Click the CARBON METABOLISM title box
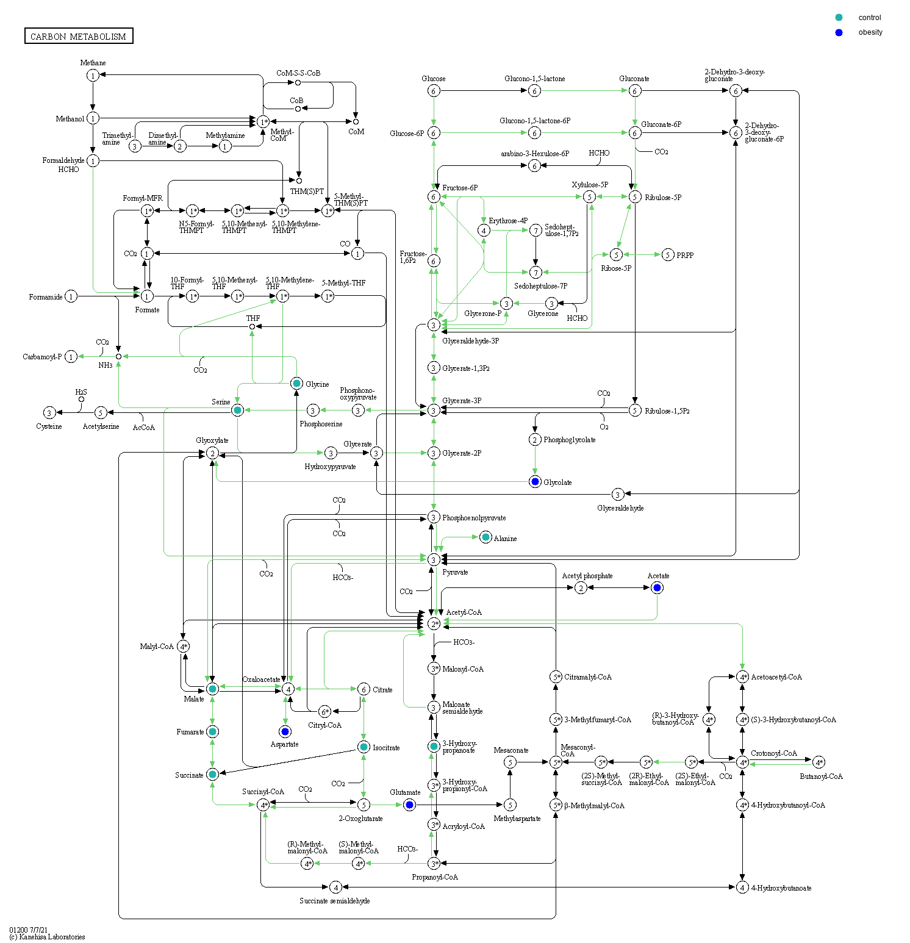pyautogui.click(x=79, y=36)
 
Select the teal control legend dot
pyautogui.click(x=839, y=18)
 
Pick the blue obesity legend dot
pyautogui.click(x=839, y=32)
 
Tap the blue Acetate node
pyautogui.click(x=657, y=587)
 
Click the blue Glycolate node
pyautogui.click(x=535, y=482)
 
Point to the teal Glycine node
pyautogui.click(x=296, y=383)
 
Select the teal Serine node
pyautogui.click(x=238, y=410)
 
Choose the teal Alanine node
pyautogui.click(x=485, y=537)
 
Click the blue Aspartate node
pyautogui.click(x=285, y=731)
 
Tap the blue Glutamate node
pyautogui.click(x=410, y=805)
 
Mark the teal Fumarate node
pyautogui.click(x=212, y=731)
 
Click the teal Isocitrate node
pyautogui.click(x=364, y=747)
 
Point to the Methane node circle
pyautogui.click(x=93, y=75)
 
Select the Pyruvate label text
pyautogui.click(x=455, y=572)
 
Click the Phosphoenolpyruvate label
pyautogui.click(x=474, y=518)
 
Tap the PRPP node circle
pyautogui.click(x=668, y=254)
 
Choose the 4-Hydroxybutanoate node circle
pyautogui.click(x=742, y=887)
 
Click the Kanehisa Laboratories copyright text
pyautogui.click(x=48, y=937)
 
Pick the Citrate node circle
pyautogui.click(x=364, y=689)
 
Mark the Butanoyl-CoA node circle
pyautogui.click(x=819, y=762)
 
